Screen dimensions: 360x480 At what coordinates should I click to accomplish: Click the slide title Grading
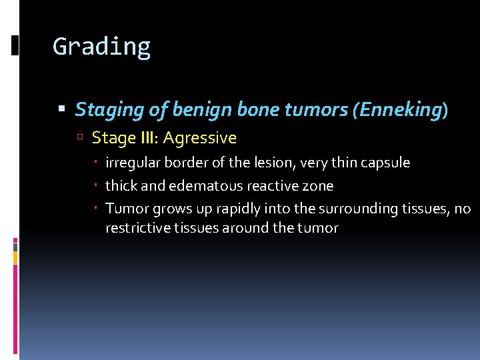(101, 47)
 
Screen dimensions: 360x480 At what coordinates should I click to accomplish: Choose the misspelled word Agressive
(200, 139)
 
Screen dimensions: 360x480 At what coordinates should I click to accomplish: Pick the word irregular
(129, 163)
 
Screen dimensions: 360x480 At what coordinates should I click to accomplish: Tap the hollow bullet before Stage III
(79, 139)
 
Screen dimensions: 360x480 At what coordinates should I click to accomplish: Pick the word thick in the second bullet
(120, 186)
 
